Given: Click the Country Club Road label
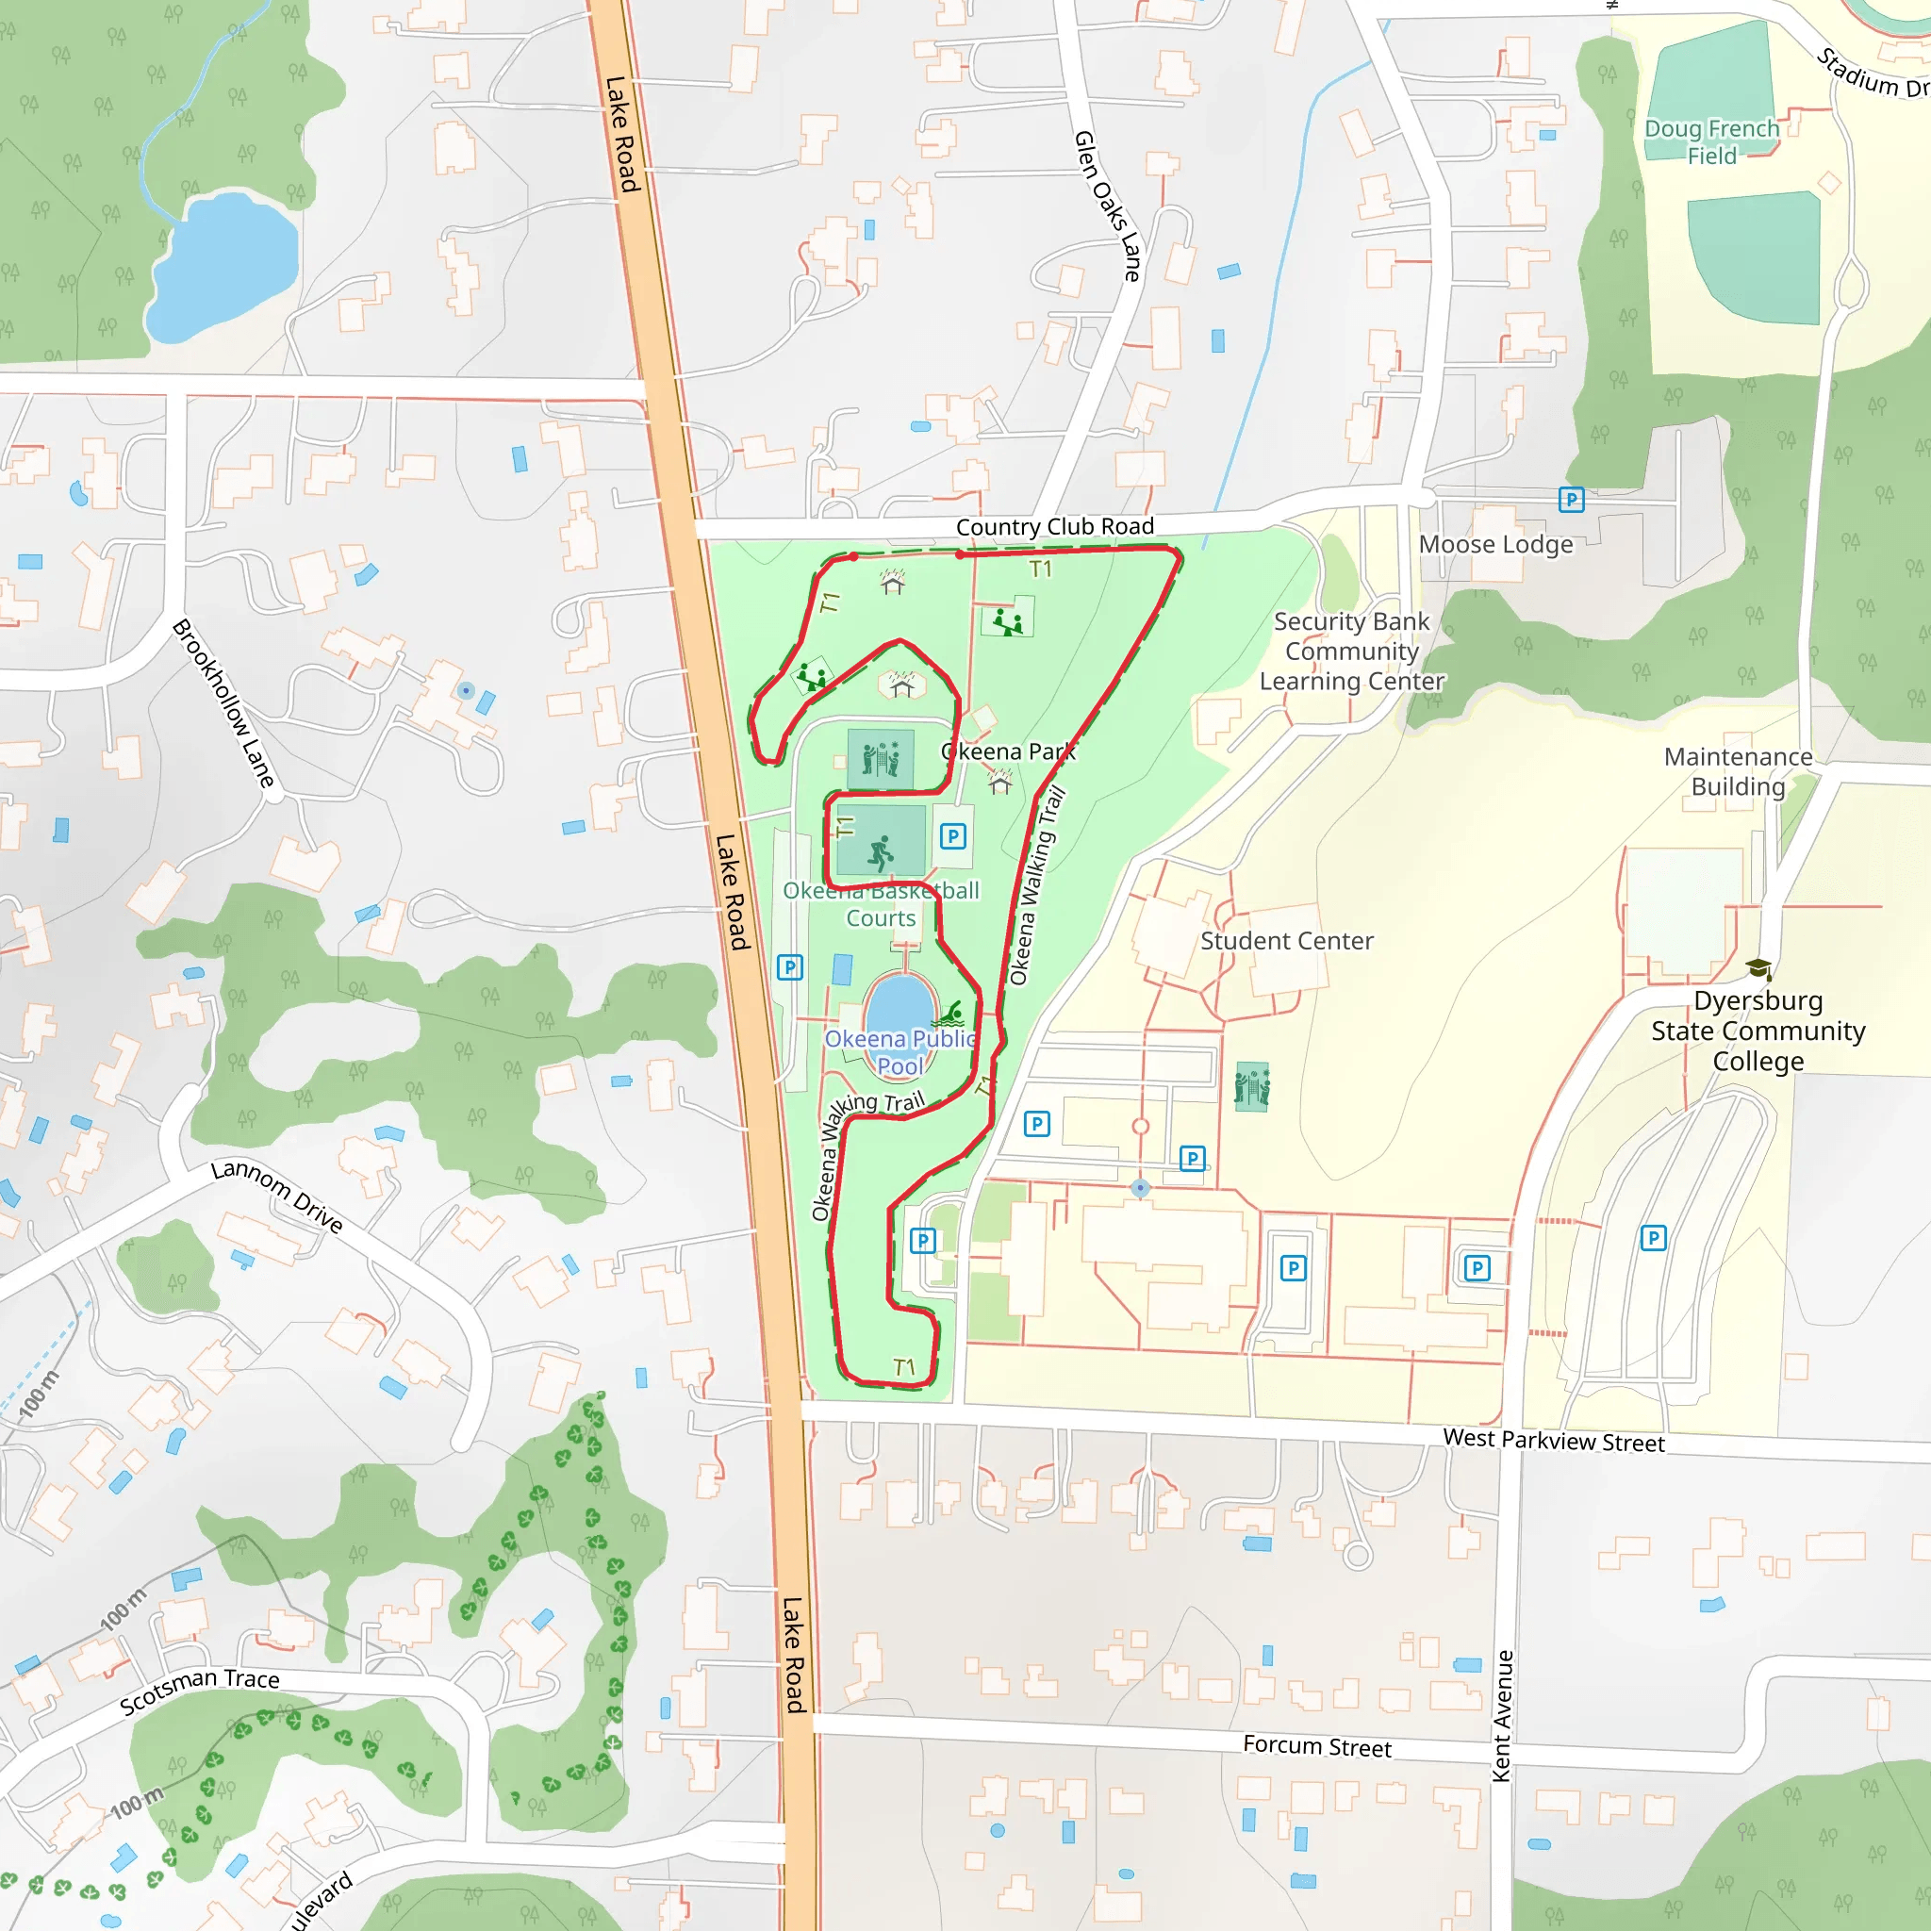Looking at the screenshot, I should pos(1054,527).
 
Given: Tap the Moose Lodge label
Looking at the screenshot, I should pos(1495,545).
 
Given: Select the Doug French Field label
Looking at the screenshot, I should pos(1712,142).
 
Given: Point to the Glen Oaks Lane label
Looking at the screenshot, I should pos(1108,206).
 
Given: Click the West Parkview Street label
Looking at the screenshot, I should pos(1553,1441).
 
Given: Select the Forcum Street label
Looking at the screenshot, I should pos(1316,1746).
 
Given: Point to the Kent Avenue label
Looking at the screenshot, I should pos(1501,1715).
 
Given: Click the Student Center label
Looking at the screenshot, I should pos(1286,940).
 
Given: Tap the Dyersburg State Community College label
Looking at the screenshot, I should pos(1758,1031).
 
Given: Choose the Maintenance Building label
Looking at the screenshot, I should pos(1738,771).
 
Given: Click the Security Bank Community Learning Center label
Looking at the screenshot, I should pos(1351,652).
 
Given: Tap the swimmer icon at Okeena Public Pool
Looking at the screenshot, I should pos(950,1015).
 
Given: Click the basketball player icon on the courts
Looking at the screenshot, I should pos(880,852).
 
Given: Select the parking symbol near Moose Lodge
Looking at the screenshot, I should pos(1571,500).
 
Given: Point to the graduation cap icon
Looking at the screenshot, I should pos(1759,968).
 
